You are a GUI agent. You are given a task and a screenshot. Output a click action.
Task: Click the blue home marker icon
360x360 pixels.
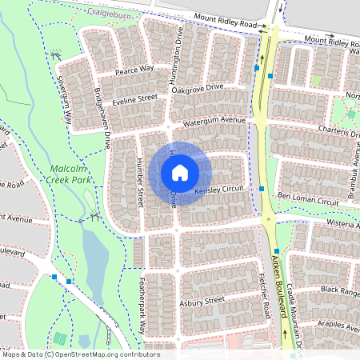(x=180, y=173)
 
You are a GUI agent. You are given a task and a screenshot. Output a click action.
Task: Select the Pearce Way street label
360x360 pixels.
(x=134, y=70)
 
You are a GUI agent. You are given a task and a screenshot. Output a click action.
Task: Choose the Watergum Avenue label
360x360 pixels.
(x=214, y=121)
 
